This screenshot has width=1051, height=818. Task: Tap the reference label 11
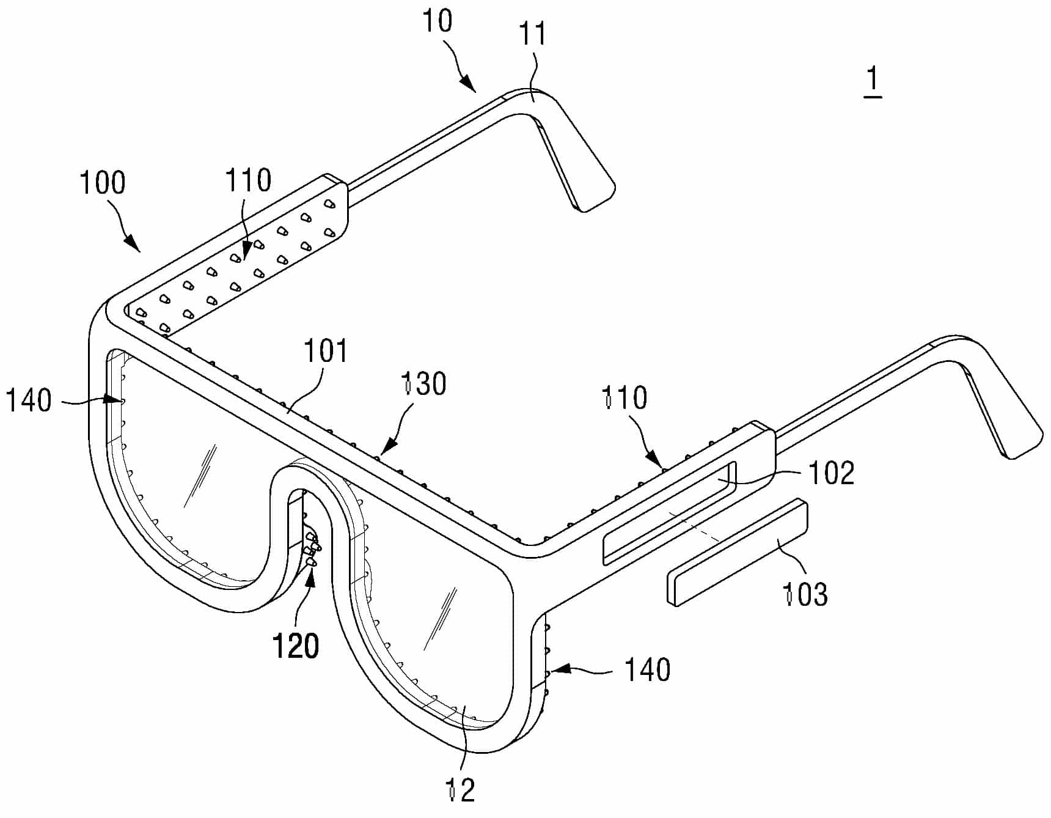[x=532, y=34]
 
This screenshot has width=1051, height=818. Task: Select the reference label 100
[x=103, y=182]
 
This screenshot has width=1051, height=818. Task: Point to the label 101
[x=326, y=351]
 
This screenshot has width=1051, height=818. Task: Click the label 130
[x=424, y=383]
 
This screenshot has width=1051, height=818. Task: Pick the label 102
[x=831, y=473]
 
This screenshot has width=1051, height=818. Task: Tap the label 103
[x=805, y=594]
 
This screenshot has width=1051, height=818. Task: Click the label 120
[x=296, y=646]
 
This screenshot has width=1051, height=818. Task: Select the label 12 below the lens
[x=461, y=790]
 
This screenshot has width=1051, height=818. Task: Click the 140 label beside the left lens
[x=29, y=401]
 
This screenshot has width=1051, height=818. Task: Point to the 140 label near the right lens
[x=647, y=669]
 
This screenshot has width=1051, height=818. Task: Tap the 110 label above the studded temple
[x=248, y=180]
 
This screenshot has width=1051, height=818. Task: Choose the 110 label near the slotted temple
[x=624, y=397]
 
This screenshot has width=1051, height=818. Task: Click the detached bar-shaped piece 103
[x=736, y=552]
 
